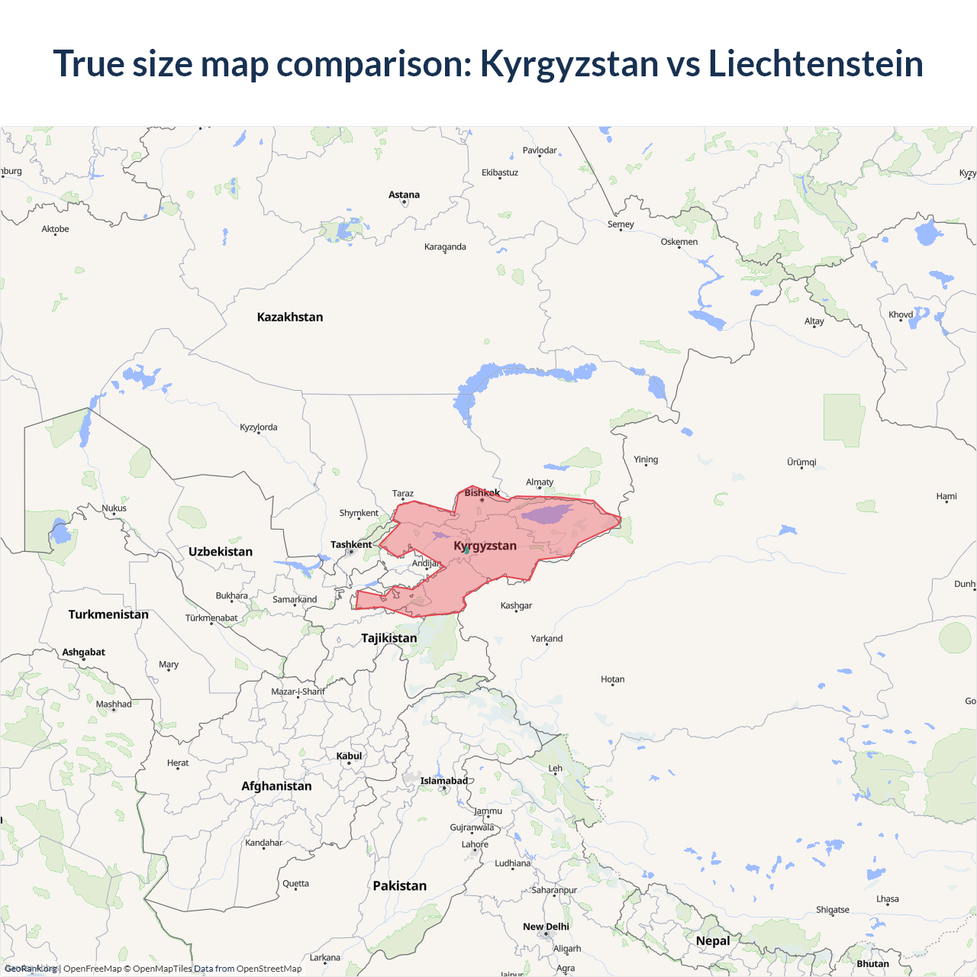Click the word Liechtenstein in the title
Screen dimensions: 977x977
click(815, 63)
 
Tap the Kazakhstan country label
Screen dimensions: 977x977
click(290, 317)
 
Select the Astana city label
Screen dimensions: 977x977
click(404, 195)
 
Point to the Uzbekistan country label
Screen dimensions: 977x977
click(221, 551)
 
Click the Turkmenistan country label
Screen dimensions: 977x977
click(108, 614)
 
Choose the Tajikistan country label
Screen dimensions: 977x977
click(389, 637)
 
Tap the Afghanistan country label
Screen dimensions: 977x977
click(276, 786)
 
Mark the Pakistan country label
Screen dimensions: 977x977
click(399, 885)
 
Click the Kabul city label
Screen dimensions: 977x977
click(349, 756)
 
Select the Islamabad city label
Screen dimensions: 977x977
click(443, 781)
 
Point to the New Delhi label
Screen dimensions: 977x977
click(546, 927)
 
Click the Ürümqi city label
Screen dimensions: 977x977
click(801, 462)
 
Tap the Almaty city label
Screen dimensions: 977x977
click(540, 482)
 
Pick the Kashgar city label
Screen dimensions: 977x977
click(516, 605)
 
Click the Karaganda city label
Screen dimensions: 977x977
click(445, 247)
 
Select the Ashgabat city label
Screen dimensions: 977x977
click(84, 652)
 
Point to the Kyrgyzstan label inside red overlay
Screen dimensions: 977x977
click(485, 546)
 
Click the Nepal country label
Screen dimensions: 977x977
click(713, 940)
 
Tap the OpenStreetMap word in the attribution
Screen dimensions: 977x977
click(269, 969)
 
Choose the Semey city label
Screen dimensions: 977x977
click(621, 224)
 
